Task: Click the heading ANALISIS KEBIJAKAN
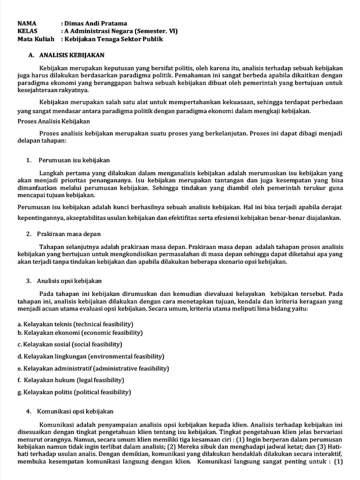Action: pos(72,55)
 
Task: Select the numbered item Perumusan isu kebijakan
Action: pos(74,160)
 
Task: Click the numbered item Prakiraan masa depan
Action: pos(70,234)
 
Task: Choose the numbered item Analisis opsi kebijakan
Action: pos(70,281)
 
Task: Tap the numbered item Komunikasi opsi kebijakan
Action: pos(76,412)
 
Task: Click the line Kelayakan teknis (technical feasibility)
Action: pos(75,324)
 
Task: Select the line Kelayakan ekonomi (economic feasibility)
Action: pos(80,333)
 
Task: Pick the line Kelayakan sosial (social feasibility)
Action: pos(70,345)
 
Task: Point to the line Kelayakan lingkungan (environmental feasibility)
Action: pos(91,356)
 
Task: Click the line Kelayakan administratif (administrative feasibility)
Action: pos(93,368)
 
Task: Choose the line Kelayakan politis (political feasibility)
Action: pos(74,392)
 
